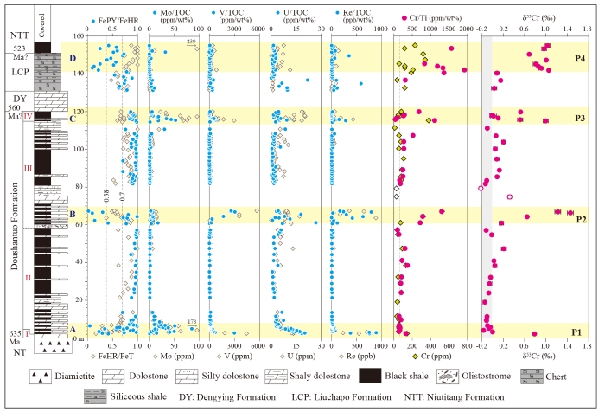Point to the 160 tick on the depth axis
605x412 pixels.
tap(77, 36)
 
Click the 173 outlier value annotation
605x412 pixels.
tap(194, 323)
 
